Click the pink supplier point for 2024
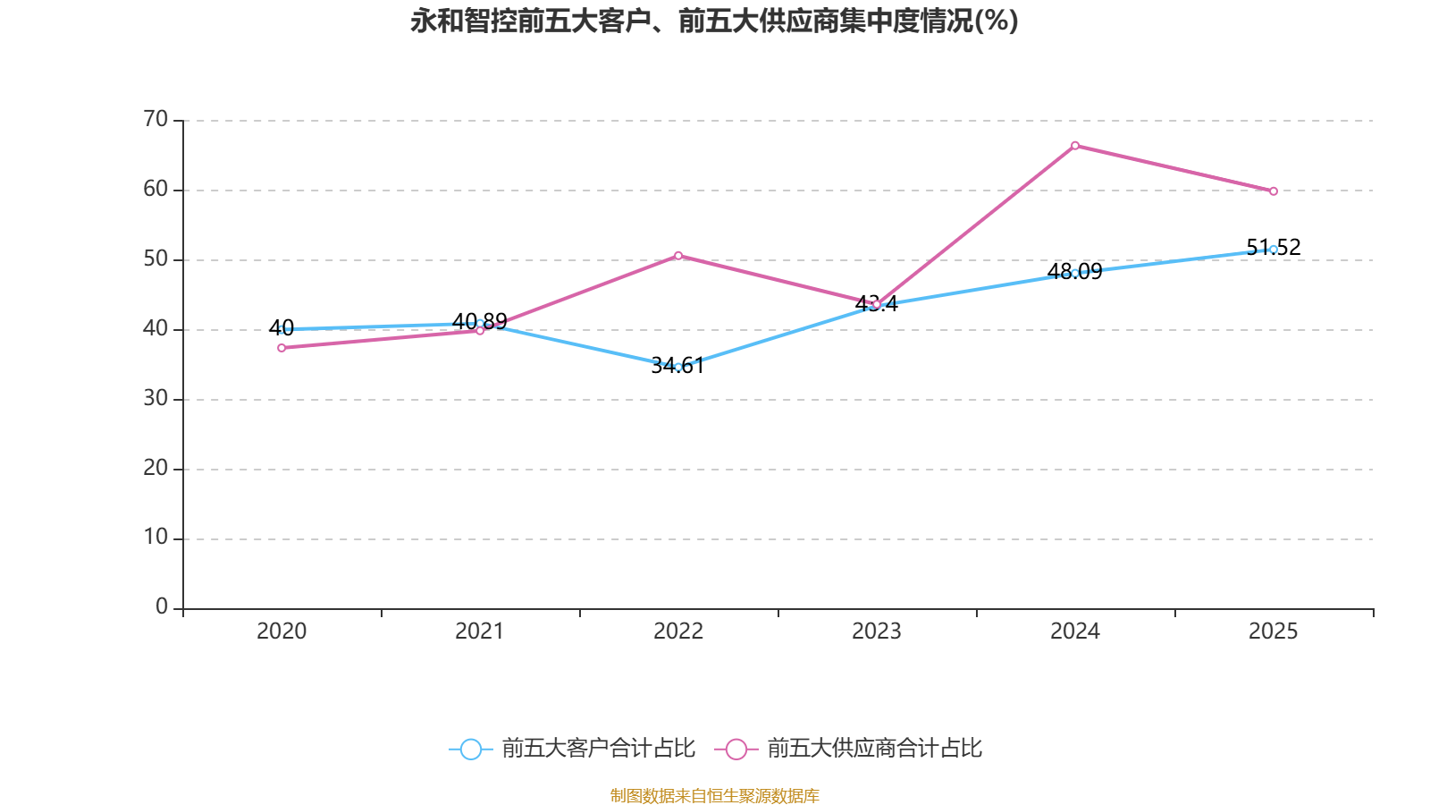(1074, 145)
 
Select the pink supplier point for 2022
(678, 256)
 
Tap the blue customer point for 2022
(678, 367)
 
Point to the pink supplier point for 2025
(1274, 191)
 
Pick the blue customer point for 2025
(1274, 250)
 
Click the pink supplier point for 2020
(282, 348)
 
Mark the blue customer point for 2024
(1074, 273)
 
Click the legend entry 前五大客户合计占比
(598, 749)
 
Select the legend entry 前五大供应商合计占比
(874, 749)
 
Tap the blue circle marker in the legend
(470, 750)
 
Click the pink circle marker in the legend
(736, 750)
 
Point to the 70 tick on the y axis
(156, 120)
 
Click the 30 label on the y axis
(156, 399)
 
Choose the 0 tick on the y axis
(162, 607)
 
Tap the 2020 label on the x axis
(282, 631)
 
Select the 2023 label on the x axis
(877, 631)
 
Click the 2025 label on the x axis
(1274, 631)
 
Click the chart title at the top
(714, 21)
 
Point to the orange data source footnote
(714, 795)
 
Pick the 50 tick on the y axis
(156, 259)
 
